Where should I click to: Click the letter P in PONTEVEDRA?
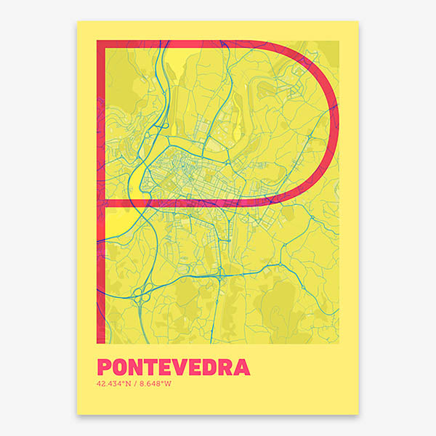point(103,366)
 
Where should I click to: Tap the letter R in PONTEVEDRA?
point(228,366)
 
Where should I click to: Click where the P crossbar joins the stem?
point(102,203)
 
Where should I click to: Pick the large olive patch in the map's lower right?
point(287,305)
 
